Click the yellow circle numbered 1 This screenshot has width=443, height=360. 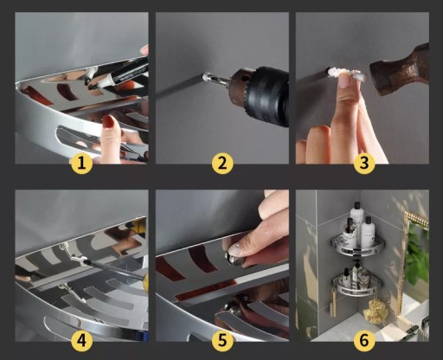pyautogui.click(x=81, y=164)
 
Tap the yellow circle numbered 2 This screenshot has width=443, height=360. pyautogui.click(x=222, y=164)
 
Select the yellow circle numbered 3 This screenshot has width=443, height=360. pyautogui.click(x=364, y=164)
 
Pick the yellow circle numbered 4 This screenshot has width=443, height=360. pyautogui.click(x=81, y=341)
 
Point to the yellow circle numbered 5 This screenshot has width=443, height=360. pyautogui.click(x=222, y=341)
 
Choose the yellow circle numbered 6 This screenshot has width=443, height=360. pyautogui.click(x=364, y=341)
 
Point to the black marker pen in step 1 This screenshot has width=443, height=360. pyautogui.click(x=121, y=74)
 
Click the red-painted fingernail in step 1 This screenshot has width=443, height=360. pyautogui.click(x=109, y=121)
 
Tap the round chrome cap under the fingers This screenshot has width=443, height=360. pyautogui.click(x=234, y=257)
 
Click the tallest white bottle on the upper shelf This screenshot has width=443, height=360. pyautogui.click(x=356, y=219)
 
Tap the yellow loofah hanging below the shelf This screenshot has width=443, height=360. pyautogui.click(x=373, y=312)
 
